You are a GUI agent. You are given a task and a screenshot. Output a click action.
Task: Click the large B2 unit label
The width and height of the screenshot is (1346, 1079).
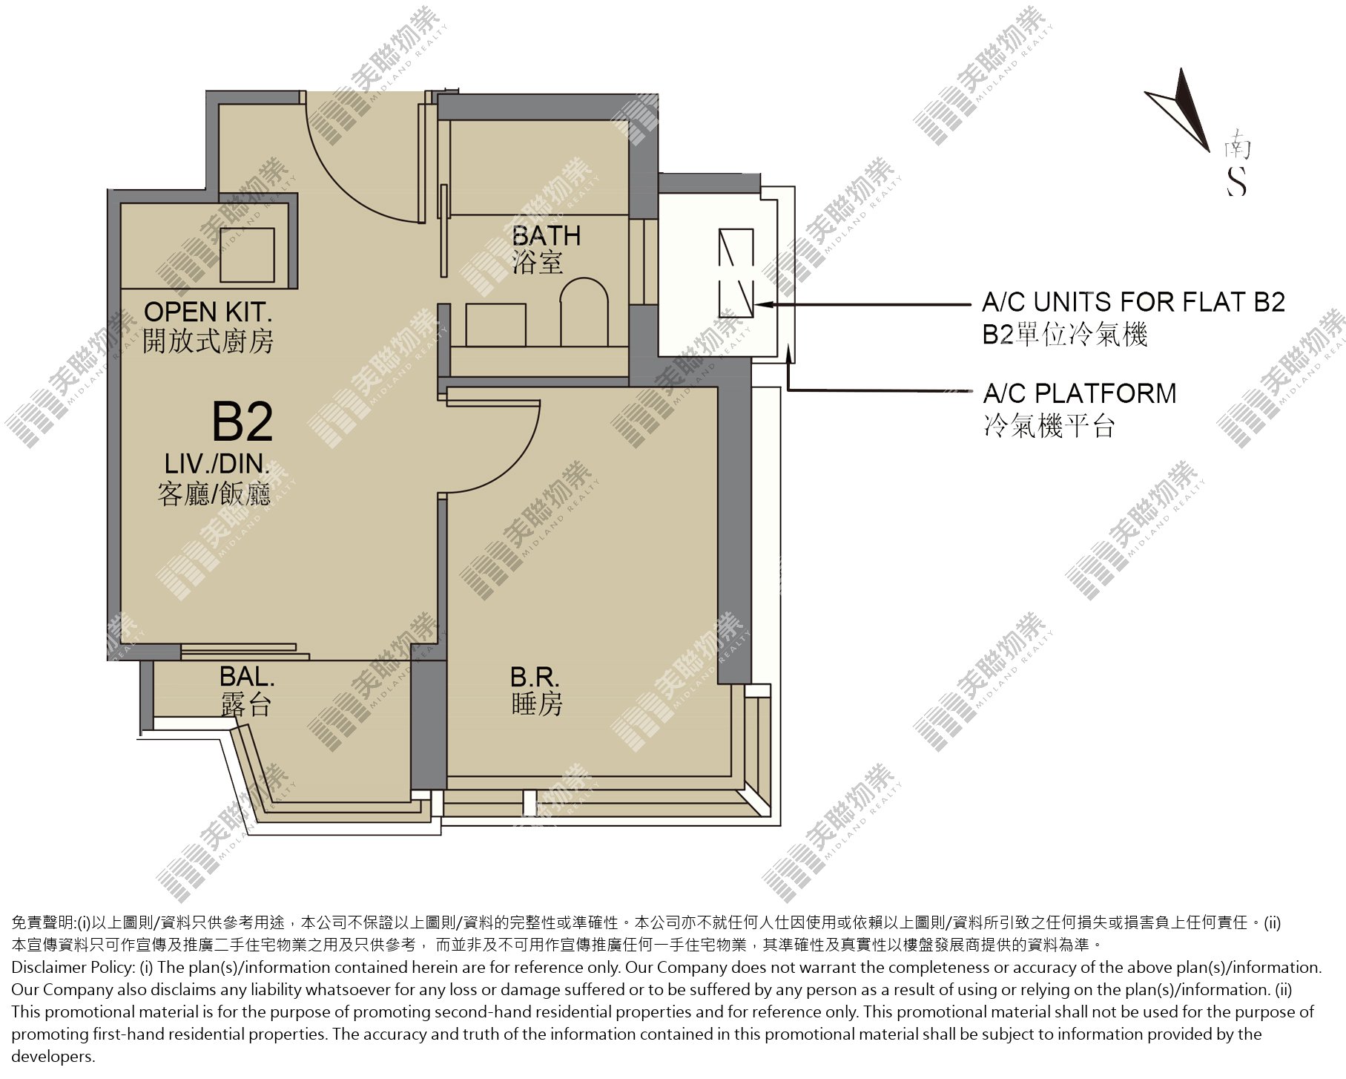click(x=243, y=422)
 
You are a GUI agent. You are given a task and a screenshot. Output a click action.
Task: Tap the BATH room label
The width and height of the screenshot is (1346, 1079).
click(x=547, y=236)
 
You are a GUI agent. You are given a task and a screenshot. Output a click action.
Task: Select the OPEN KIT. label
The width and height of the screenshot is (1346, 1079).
click(x=208, y=312)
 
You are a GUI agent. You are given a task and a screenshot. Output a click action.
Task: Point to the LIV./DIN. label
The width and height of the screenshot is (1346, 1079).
click(x=217, y=464)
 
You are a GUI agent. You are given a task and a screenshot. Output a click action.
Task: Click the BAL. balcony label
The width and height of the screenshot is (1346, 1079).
click(x=247, y=676)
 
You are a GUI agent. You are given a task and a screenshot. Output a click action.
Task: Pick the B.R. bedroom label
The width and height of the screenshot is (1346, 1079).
click(x=535, y=676)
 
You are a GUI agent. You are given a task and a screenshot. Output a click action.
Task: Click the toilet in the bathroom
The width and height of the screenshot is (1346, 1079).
click(x=584, y=312)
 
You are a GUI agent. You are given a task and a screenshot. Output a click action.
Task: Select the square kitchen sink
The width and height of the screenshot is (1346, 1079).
click(x=247, y=255)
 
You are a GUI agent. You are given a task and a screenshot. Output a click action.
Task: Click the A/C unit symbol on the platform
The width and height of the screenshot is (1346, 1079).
click(x=736, y=272)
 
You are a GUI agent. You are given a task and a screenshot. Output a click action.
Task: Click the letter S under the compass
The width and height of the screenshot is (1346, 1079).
click(x=1236, y=180)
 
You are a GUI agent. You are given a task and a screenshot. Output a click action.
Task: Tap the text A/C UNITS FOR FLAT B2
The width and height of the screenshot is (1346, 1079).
click(x=1133, y=303)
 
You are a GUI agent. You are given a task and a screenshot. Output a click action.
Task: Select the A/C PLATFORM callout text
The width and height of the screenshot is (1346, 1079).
click(x=1080, y=393)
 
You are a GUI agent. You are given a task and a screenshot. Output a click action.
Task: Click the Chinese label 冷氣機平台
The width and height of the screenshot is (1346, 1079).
click(x=1049, y=426)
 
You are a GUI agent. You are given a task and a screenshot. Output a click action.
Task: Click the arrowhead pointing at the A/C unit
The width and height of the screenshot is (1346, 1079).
click(x=764, y=304)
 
